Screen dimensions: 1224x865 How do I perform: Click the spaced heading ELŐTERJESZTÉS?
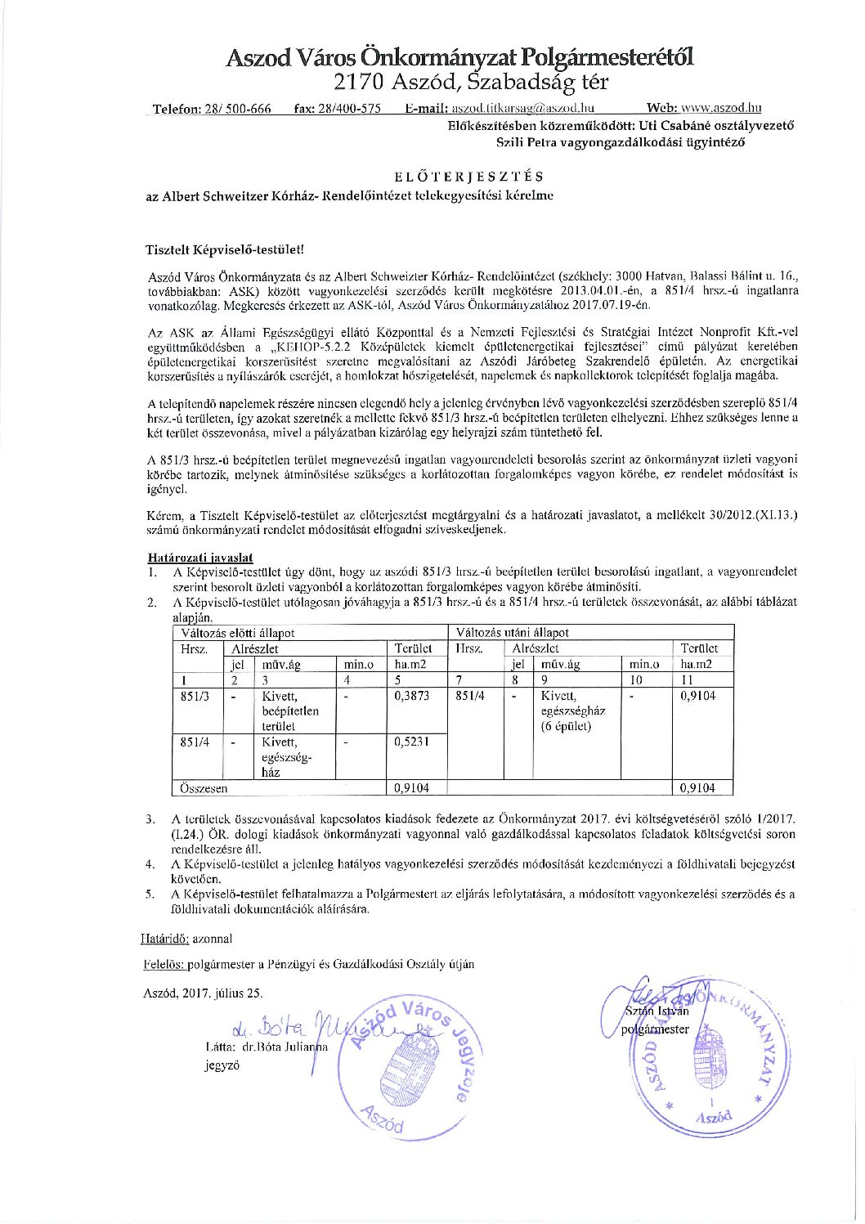coord(468,177)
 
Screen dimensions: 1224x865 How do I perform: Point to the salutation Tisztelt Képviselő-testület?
coord(225,249)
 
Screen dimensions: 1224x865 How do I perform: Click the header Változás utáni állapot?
coord(512,633)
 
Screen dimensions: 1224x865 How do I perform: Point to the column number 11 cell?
coord(688,679)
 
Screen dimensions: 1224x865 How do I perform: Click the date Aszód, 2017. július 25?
coord(203,993)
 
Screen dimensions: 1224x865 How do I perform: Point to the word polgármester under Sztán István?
coord(655,1029)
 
